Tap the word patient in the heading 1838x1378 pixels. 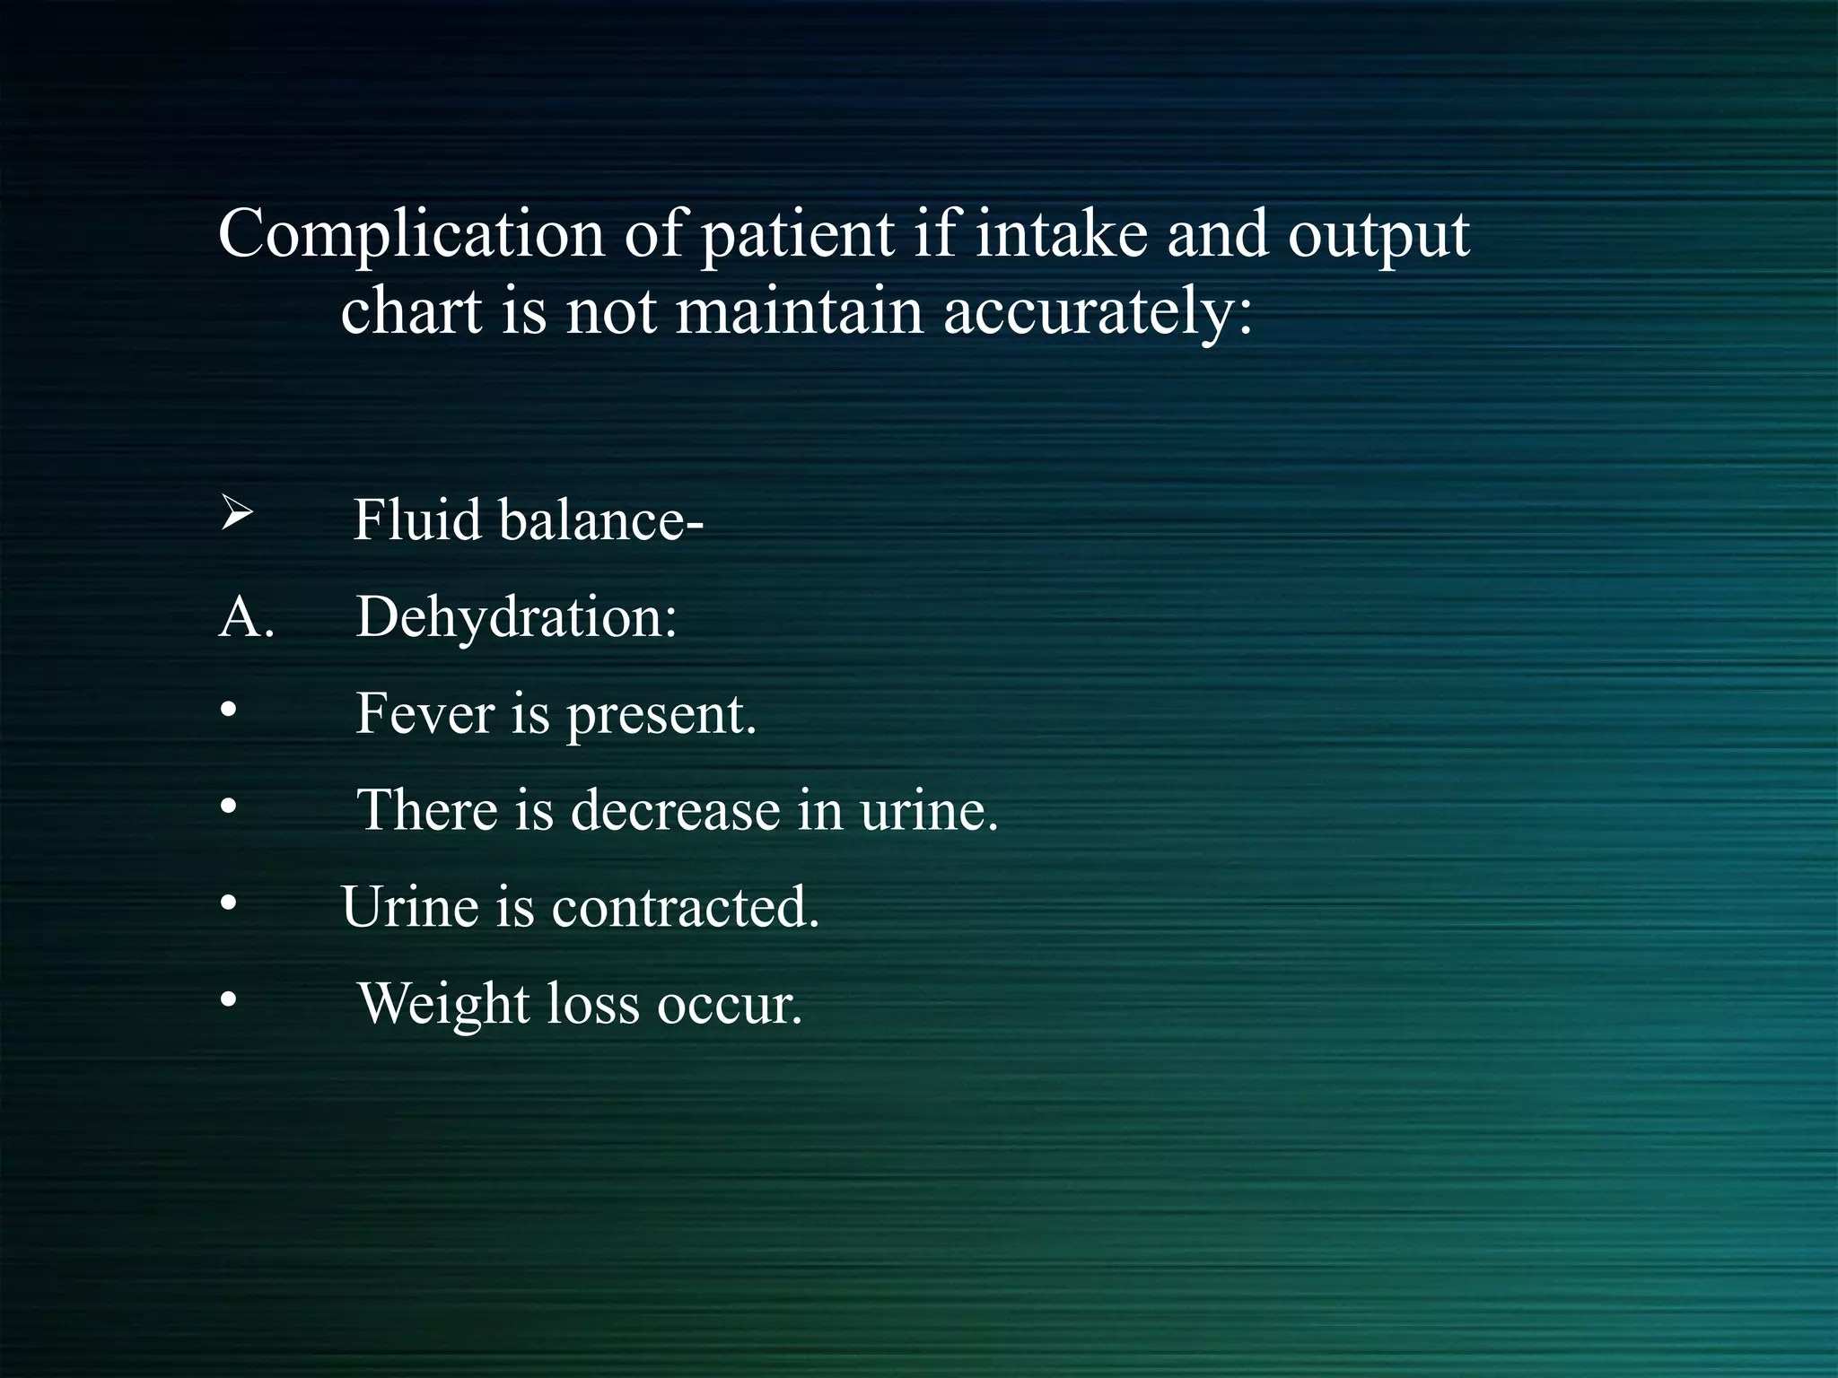pyautogui.click(x=797, y=236)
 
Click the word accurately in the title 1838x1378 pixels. pyautogui.click(x=1097, y=313)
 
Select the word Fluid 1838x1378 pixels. pyautogui.click(x=417, y=519)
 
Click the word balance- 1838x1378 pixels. pyautogui.click(x=600, y=519)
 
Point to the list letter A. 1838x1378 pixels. pyautogui.click(x=245, y=618)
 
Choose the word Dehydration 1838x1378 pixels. pyautogui.click(x=516, y=619)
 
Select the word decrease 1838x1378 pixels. pyautogui.click(x=676, y=810)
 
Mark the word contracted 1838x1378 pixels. pyautogui.click(x=686, y=907)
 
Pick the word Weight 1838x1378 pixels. pyautogui.click(x=443, y=1005)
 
